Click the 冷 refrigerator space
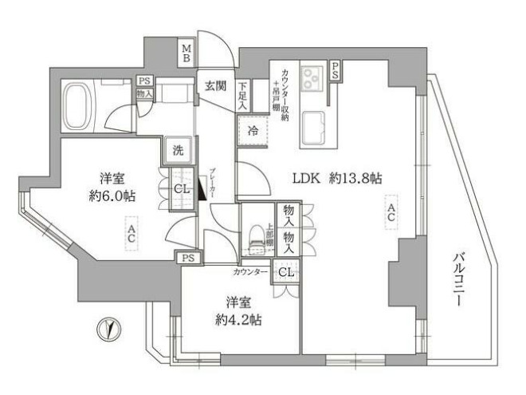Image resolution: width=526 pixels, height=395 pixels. [252, 129]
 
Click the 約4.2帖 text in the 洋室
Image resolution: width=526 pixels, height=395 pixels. [240, 320]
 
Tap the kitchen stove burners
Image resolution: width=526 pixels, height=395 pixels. [311, 77]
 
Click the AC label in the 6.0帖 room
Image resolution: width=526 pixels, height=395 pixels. [130, 235]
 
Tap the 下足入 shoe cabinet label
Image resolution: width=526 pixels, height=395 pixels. [241, 98]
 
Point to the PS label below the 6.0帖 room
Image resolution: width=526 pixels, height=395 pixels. [188, 258]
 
